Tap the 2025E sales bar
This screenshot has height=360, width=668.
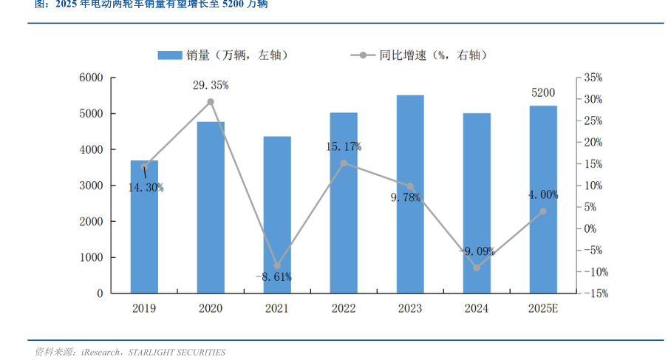click(x=543, y=199)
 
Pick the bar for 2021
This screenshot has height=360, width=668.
click(x=277, y=214)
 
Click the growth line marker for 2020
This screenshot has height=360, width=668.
click(x=211, y=102)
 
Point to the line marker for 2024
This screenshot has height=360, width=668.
click(x=477, y=268)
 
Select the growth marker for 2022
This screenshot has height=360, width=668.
click(x=344, y=163)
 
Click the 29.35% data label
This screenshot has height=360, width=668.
click(x=211, y=85)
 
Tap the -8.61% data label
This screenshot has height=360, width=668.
click(x=273, y=277)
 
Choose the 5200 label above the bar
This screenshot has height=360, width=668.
click(x=543, y=93)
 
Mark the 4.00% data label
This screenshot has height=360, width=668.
click(x=543, y=195)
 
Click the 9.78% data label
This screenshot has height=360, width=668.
click(x=406, y=197)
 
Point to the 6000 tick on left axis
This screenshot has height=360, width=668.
click(x=91, y=78)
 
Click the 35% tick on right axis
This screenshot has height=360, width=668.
click(x=593, y=78)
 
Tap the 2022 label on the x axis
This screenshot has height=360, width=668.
click(x=344, y=308)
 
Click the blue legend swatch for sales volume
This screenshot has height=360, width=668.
click(x=170, y=55)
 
